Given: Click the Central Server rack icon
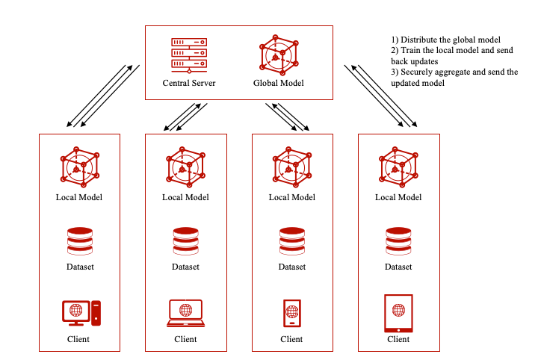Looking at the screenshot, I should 189,54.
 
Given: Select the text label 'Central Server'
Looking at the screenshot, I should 189,83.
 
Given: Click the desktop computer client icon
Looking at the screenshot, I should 79,313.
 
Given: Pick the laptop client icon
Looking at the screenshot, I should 185,313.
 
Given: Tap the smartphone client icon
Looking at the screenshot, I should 291,313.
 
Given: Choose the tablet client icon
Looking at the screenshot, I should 398,313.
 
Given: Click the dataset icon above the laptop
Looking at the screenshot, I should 185,240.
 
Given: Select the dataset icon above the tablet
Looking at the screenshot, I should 398,240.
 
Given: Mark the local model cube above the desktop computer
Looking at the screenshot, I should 79,169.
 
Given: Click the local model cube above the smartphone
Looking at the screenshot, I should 291,169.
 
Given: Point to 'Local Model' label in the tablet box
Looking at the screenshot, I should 398,198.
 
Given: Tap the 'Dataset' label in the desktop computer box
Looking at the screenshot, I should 79,267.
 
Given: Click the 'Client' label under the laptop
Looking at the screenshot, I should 185,339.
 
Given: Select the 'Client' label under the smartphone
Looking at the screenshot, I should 291,339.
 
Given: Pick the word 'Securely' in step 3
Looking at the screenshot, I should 418,72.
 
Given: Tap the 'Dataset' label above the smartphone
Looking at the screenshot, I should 291,267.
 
